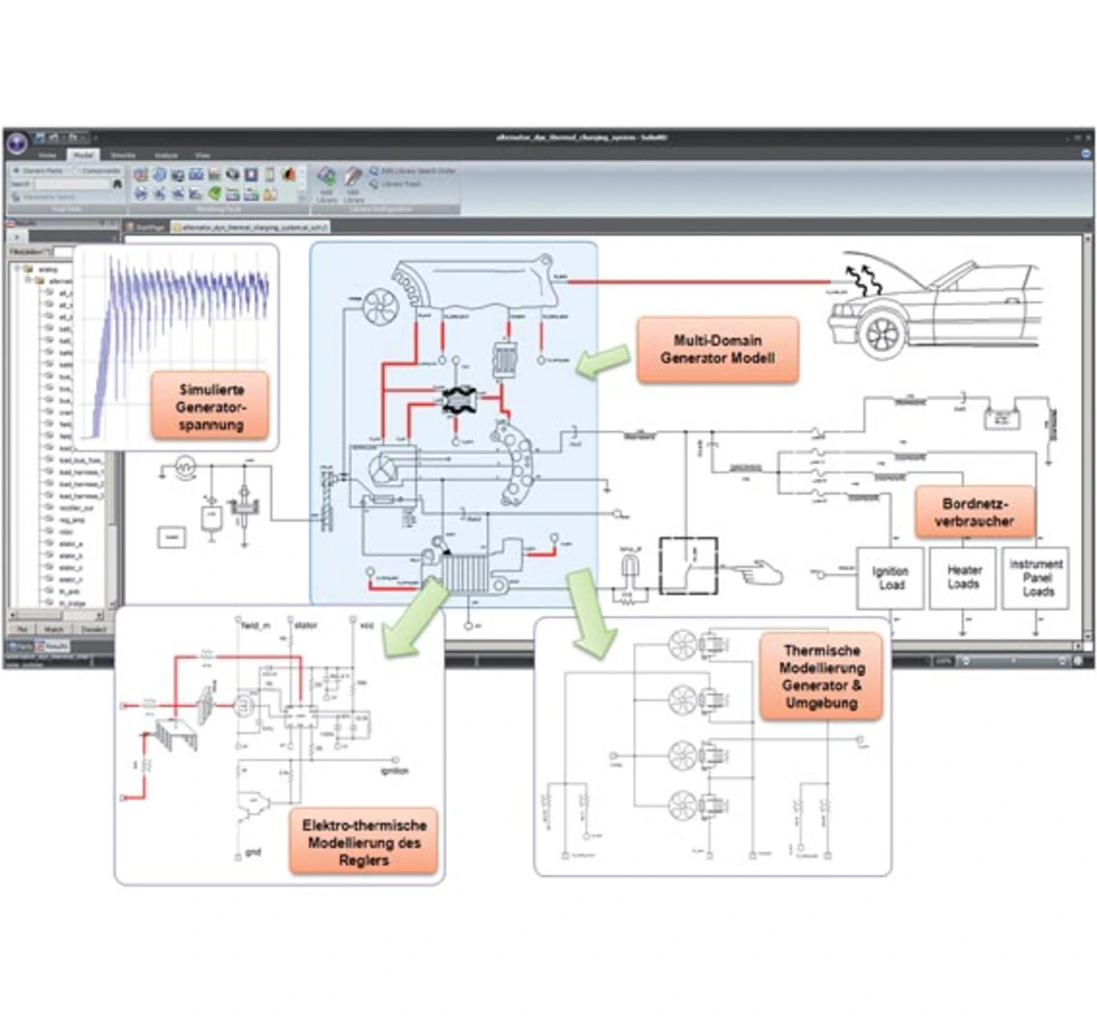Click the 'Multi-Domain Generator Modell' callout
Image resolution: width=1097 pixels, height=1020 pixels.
pyautogui.click(x=717, y=350)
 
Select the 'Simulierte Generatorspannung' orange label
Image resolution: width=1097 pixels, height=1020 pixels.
pyautogui.click(x=211, y=407)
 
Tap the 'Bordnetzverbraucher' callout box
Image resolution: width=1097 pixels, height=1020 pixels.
pyautogui.click(x=974, y=513)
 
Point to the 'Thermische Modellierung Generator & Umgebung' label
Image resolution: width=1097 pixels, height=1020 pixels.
pyautogui.click(x=821, y=676)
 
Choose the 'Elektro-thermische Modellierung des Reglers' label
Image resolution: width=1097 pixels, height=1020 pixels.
pyautogui.click(x=363, y=842)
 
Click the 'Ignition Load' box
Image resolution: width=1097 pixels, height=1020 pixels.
pyautogui.click(x=890, y=579)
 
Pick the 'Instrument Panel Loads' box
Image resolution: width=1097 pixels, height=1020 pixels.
pyautogui.click(x=1036, y=578)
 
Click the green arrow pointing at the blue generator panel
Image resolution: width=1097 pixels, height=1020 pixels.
pyautogui.click(x=603, y=361)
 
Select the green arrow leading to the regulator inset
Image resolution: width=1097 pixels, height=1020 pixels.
pyautogui.click(x=416, y=618)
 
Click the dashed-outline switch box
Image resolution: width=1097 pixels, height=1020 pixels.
pyautogui.click(x=688, y=566)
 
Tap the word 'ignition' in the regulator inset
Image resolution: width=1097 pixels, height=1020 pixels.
pyautogui.click(x=394, y=771)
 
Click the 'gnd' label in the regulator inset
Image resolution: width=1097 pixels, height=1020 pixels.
pyautogui.click(x=253, y=852)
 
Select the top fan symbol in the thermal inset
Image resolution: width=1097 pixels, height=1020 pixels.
pyautogui.click(x=683, y=646)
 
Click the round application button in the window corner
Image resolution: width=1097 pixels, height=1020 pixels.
pyautogui.click(x=17, y=142)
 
